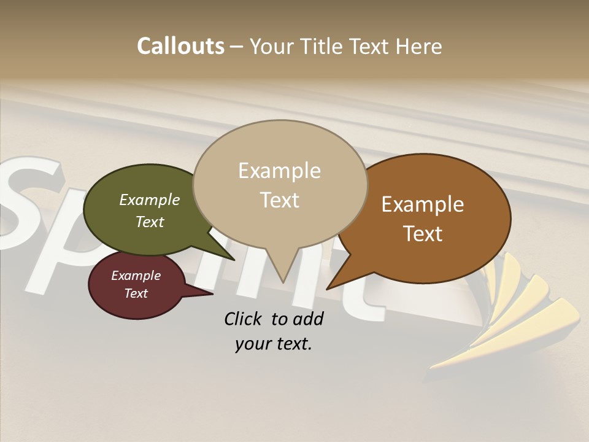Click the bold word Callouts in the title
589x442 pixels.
180,46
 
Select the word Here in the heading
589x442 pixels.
418,47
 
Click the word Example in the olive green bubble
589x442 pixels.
149,200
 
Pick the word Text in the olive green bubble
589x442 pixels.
149,222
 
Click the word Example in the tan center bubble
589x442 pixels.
279,171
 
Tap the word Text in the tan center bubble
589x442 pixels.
279,200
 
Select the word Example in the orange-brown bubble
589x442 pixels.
423,204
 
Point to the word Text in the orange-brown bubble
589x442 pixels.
423,234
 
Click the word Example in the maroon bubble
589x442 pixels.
136,276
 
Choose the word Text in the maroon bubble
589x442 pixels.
136,293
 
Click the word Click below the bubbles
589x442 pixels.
244,319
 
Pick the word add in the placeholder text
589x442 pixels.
308,319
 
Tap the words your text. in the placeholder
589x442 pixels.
274,344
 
